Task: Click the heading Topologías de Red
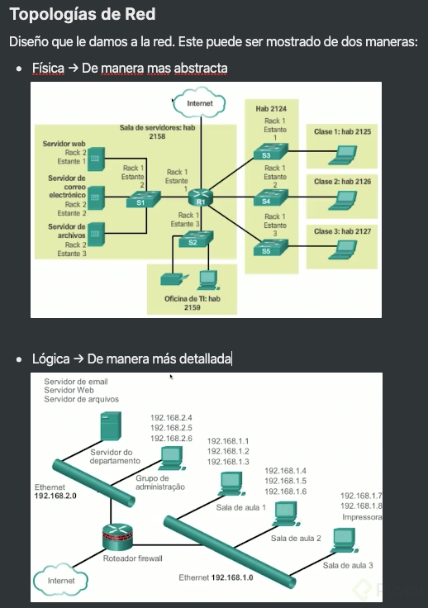point(82,15)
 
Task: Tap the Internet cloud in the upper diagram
point(198,103)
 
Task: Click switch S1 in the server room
point(140,199)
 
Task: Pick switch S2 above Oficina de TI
point(193,240)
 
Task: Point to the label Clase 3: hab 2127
point(342,232)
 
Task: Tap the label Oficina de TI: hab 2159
point(192,302)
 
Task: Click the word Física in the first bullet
point(48,67)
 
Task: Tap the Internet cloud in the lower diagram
point(61,581)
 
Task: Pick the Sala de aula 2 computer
point(286,512)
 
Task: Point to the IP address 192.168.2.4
point(171,417)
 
